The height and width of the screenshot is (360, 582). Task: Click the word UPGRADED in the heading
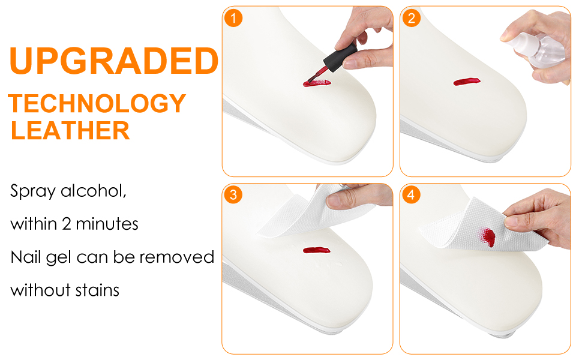tap(113, 62)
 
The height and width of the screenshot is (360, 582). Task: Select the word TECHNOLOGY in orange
tap(97, 104)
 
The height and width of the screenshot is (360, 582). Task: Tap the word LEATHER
tap(70, 130)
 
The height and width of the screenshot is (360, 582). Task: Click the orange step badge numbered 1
tap(233, 17)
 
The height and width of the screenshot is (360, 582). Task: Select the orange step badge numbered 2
tap(411, 17)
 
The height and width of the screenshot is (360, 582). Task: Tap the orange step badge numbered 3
tap(233, 195)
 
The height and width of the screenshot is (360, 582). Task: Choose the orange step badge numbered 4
tap(411, 195)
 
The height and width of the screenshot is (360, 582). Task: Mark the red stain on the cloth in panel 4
tap(488, 238)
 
